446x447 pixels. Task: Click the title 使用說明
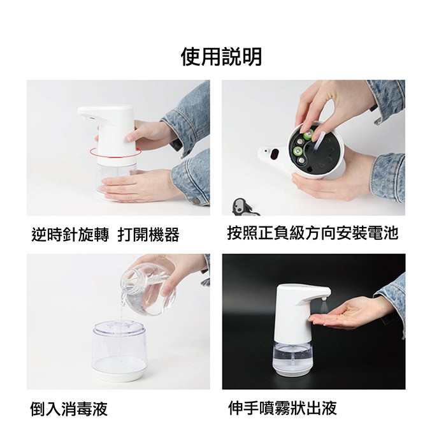(x=221, y=57)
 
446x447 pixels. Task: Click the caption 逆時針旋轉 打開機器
(x=105, y=235)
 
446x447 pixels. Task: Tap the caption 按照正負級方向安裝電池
(x=312, y=233)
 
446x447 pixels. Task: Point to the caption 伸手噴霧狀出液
(x=282, y=408)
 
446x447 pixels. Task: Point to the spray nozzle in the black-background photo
(x=325, y=295)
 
